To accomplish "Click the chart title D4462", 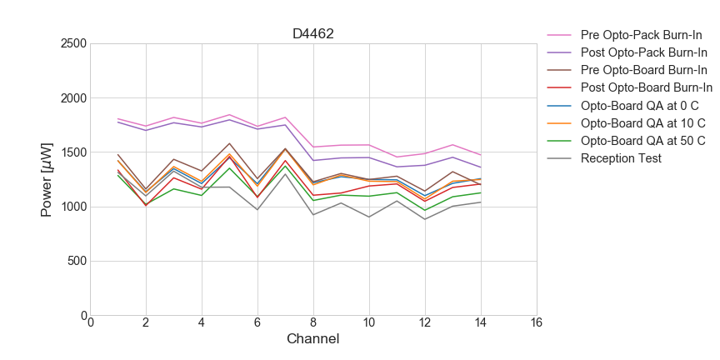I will (312, 34).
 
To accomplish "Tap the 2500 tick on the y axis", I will (73, 43).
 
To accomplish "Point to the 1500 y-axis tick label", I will (73, 152).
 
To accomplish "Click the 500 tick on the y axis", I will (77, 262).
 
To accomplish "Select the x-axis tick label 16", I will (536, 323).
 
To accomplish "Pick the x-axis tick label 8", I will (313, 323).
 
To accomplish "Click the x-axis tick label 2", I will (146, 323).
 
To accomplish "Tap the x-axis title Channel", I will (312, 339).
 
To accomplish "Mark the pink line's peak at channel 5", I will (229, 115).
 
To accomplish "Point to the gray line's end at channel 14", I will (480, 202).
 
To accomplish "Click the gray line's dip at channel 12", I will (425, 219).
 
